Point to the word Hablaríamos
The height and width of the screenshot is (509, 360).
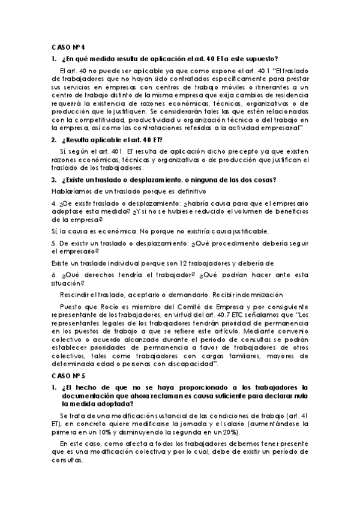coord(69,191)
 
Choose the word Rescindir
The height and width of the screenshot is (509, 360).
coord(76,295)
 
